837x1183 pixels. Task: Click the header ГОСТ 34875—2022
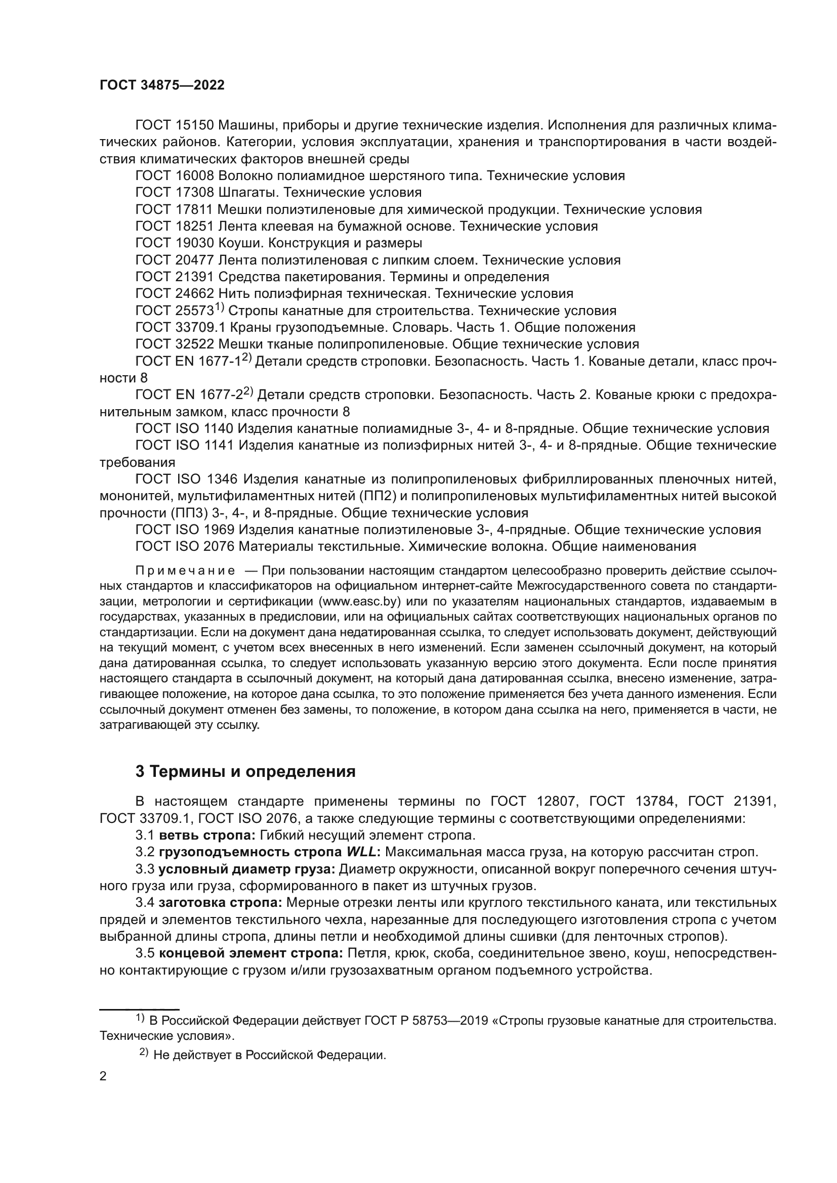pyautogui.click(x=162, y=85)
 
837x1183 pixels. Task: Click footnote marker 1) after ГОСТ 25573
pyautogui.click(x=220, y=308)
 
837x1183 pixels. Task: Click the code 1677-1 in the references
pyautogui.click(x=220, y=362)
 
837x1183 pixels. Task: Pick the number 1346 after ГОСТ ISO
pyautogui.click(x=222, y=479)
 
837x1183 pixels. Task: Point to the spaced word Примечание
pyautogui.click(x=185, y=571)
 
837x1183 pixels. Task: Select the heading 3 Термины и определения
pyautogui.click(x=245, y=771)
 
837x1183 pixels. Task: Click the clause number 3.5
pyautogui.click(x=145, y=953)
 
